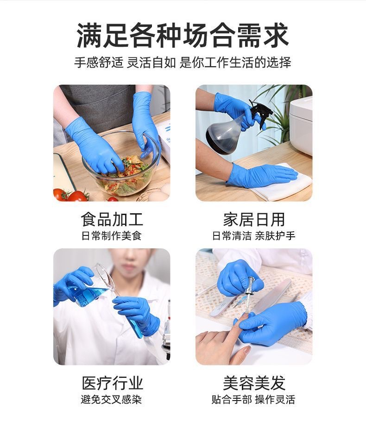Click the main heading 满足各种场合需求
pyautogui.click(x=183, y=36)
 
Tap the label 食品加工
pyautogui.click(x=112, y=219)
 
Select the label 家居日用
pyautogui.click(x=254, y=219)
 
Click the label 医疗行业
pyautogui.click(x=112, y=383)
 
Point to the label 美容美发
pyautogui.click(x=254, y=383)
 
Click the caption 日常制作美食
pyautogui.click(x=112, y=236)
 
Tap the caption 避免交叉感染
pyautogui.click(x=111, y=399)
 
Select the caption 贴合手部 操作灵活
pyautogui.click(x=253, y=399)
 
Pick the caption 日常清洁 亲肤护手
pyautogui.click(x=254, y=236)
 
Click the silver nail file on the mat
pyautogui.click(x=272, y=296)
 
